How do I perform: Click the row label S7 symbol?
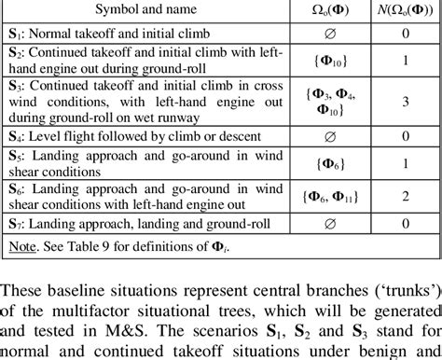coord(15,225)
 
